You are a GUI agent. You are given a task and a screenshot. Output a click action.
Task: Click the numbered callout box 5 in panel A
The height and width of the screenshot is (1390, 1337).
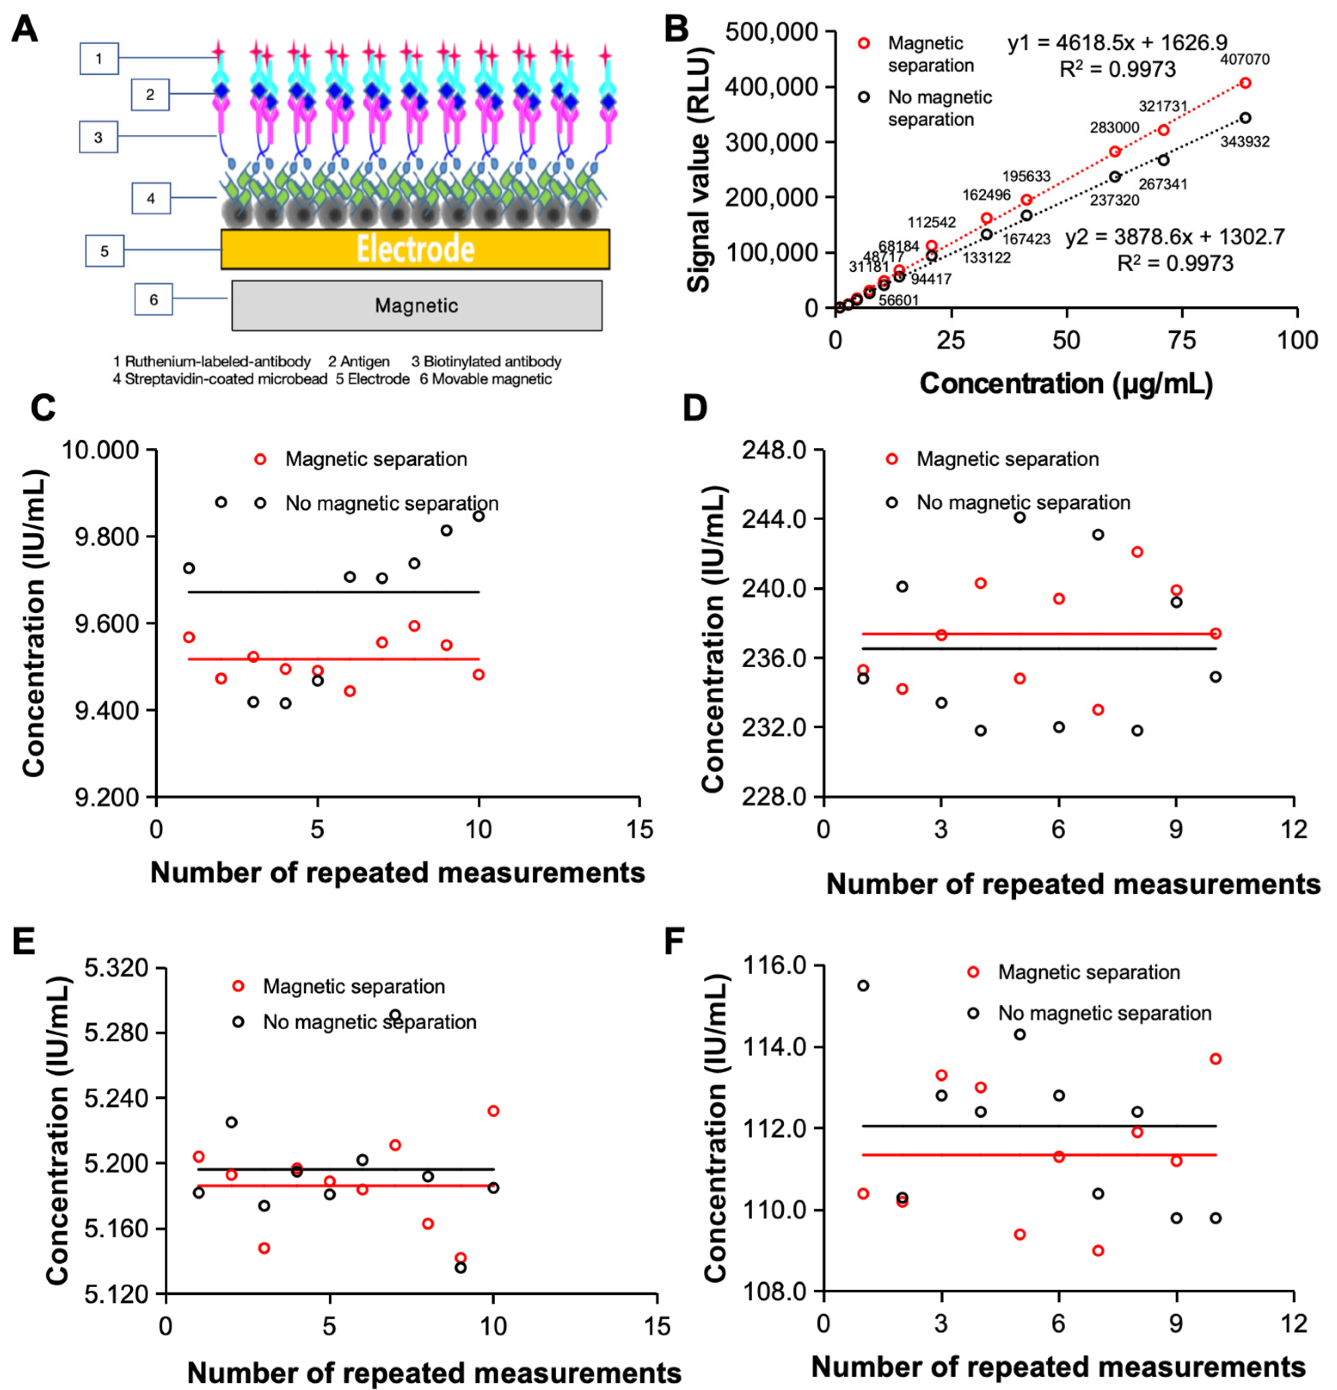[x=104, y=251]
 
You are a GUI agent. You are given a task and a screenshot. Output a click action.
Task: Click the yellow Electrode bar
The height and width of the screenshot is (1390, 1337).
[x=415, y=249]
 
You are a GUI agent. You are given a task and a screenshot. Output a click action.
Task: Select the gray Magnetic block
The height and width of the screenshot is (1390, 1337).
[x=416, y=306]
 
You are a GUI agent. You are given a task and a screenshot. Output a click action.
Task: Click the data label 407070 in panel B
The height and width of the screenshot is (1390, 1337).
[x=1245, y=60]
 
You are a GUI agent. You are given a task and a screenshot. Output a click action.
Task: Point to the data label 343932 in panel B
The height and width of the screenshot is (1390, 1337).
[x=1245, y=142]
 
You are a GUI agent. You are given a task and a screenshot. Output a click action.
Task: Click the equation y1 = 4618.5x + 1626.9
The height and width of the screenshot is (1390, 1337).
[x=1117, y=43]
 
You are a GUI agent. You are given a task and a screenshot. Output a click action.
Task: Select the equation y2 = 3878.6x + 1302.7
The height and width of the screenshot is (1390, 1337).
[x=1174, y=237]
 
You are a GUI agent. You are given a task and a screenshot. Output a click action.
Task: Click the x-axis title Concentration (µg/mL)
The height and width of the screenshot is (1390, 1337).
[x=1066, y=384]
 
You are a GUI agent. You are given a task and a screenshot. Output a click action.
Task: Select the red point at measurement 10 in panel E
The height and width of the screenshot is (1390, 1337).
[x=493, y=1111]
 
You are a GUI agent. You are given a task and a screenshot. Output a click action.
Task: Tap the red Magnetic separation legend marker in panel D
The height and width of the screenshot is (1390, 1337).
[x=892, y=460]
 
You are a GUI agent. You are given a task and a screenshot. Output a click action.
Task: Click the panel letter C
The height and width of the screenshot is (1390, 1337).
[x=43, y=409]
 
